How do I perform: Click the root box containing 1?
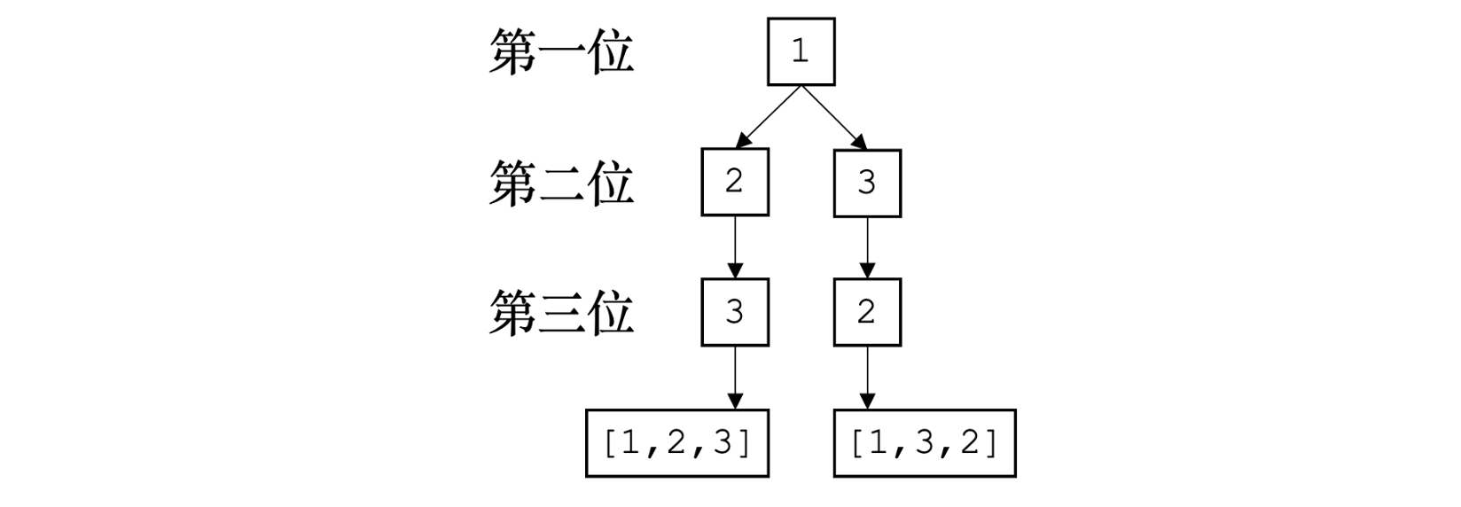point(801,51)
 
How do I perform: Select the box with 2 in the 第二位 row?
point(735,183)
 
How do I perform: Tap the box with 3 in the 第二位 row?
point(867,183)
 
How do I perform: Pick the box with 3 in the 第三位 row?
point(735,312)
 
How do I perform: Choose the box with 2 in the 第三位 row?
point(867,312)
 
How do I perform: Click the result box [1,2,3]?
point(677,443)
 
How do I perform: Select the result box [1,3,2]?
point(925,443)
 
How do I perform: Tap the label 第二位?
point(561,183)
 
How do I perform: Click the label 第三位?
point(561,313)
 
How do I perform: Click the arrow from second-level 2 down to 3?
point(735,247)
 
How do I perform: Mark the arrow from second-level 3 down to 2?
point(867,247)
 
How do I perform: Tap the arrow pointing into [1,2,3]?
point(735,378)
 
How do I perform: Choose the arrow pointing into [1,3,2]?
point(867,378)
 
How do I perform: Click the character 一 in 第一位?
point(561,53)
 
